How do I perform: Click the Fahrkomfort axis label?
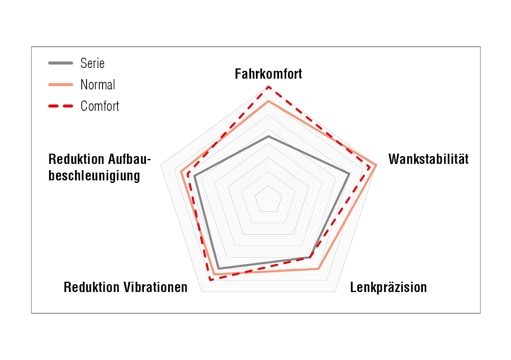pos(268,74)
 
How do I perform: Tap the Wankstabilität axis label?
pos(429,159)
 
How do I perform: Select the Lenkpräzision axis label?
pos(388,287)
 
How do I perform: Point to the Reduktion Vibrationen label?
pos(125,287)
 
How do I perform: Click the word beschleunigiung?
pos(94,176)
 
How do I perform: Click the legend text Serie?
pos(92,63)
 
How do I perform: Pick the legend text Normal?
pos(98,84)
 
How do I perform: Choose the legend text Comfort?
pos(100,106)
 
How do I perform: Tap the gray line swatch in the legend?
pos(61,63)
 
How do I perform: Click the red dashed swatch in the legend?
pos(61,106)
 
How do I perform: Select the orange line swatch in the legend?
pos(61,84)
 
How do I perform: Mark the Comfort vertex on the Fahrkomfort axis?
pos(269,87)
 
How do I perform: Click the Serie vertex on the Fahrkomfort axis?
pos(269,136)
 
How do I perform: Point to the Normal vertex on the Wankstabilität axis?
pos(375,165)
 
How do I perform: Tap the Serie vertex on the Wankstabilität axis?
pos(349,174)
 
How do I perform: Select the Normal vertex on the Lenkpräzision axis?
pos(319,269)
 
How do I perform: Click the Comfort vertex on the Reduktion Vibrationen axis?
pos(210,280)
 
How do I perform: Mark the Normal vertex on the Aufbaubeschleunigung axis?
pos(181,171)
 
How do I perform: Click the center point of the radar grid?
pos(269,200)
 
